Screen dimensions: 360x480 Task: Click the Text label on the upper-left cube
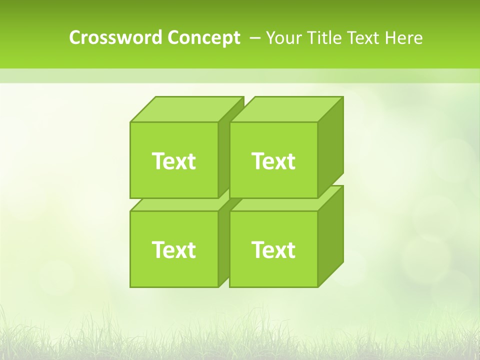[x=174, y=161]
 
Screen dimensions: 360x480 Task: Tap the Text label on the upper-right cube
[x=273, y=161]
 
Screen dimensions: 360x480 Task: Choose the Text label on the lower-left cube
[x=174, y=249]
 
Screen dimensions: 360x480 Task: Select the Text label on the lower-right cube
[x=273, y=249]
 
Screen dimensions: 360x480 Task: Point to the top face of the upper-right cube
[x=286, y=109]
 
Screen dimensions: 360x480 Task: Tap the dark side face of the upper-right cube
[x=330, y=147]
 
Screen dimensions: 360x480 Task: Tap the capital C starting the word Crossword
[x=74, y=37]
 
